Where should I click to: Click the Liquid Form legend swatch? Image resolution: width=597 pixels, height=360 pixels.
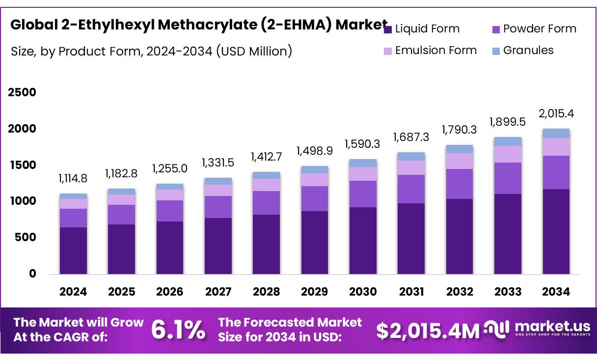(x=387, y=29)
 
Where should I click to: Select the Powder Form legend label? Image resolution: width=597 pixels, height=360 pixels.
(x=540, y=29)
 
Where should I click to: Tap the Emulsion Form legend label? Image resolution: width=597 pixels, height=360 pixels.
(x=435, y=51)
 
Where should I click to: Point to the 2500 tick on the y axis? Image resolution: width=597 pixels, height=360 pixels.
(x=22, y=92)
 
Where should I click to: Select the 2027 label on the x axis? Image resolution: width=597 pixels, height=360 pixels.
(x=218, y=292)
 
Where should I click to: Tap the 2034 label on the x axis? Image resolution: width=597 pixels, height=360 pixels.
(x=556, y=292)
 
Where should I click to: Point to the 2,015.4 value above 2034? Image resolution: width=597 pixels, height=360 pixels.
(x=556, y=114)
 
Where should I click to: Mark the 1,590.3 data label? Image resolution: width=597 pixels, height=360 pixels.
(x=363, y=144)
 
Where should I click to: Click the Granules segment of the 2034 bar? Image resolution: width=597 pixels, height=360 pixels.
(x=556, y=133)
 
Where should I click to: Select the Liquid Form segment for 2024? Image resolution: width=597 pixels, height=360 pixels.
(x=73, y=250)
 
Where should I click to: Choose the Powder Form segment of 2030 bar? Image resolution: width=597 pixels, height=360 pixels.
(x=363, y=194)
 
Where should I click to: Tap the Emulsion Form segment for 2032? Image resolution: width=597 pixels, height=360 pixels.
(x=460, y=161)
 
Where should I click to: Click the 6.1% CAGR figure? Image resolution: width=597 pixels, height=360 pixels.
(x=178, y=330)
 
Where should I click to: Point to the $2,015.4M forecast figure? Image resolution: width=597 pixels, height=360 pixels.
(x=428, y=331)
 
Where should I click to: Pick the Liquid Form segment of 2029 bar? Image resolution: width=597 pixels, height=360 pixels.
(x=315, y=243)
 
